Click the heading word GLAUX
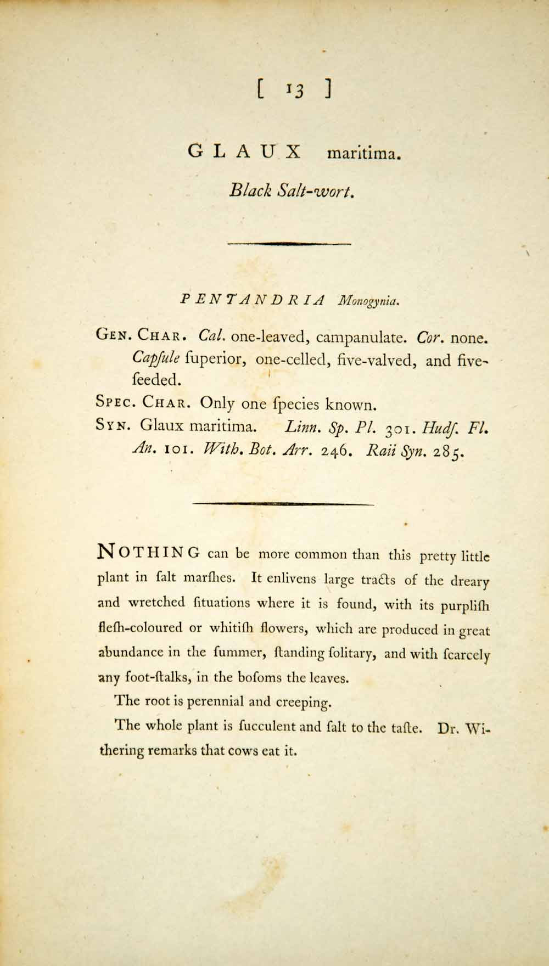pyautogui.click(x=244, y=152)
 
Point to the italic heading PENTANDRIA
pyautogui.click(x=253, y=300)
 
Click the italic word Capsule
pyautogui.click(x=156, y=359)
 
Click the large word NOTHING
pyautogui.click(x=148, y=552)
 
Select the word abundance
pyautogui.click(x=130, y=653)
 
